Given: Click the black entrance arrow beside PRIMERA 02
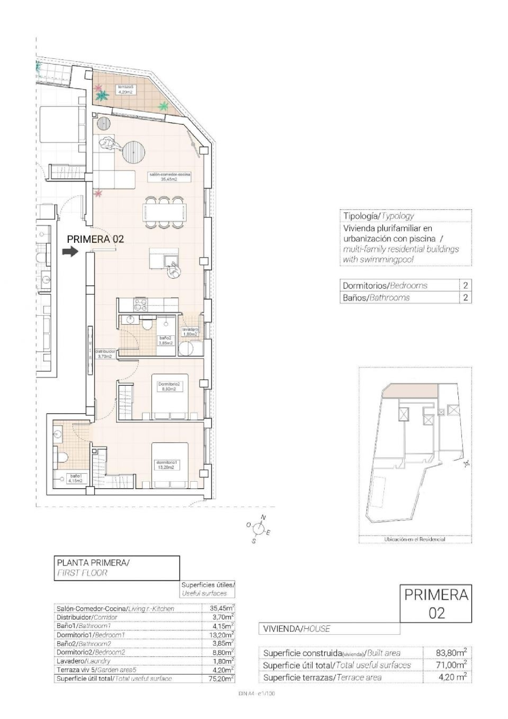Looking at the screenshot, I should coord(70,251).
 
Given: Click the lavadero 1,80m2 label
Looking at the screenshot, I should coord(190,332).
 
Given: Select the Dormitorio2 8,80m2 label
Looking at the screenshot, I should coord(169,386).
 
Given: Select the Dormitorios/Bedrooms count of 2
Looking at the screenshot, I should coord(465,285).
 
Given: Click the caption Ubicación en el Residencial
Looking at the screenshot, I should coord(415,539).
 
